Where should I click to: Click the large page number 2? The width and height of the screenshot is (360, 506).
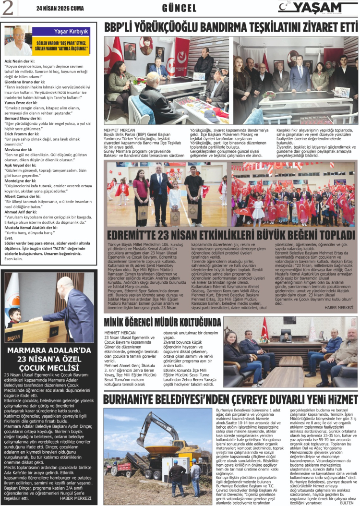[7, 8]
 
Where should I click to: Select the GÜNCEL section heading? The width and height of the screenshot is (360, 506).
[179, 8]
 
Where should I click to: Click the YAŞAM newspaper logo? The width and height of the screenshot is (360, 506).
[316, 7]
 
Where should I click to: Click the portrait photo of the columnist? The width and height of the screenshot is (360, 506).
[18, 41]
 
